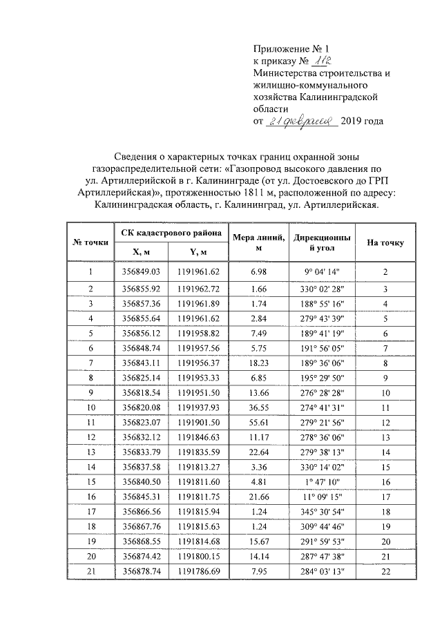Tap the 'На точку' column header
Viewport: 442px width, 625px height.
coord(385,242)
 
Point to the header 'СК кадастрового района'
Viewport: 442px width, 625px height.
coord(171,233)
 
